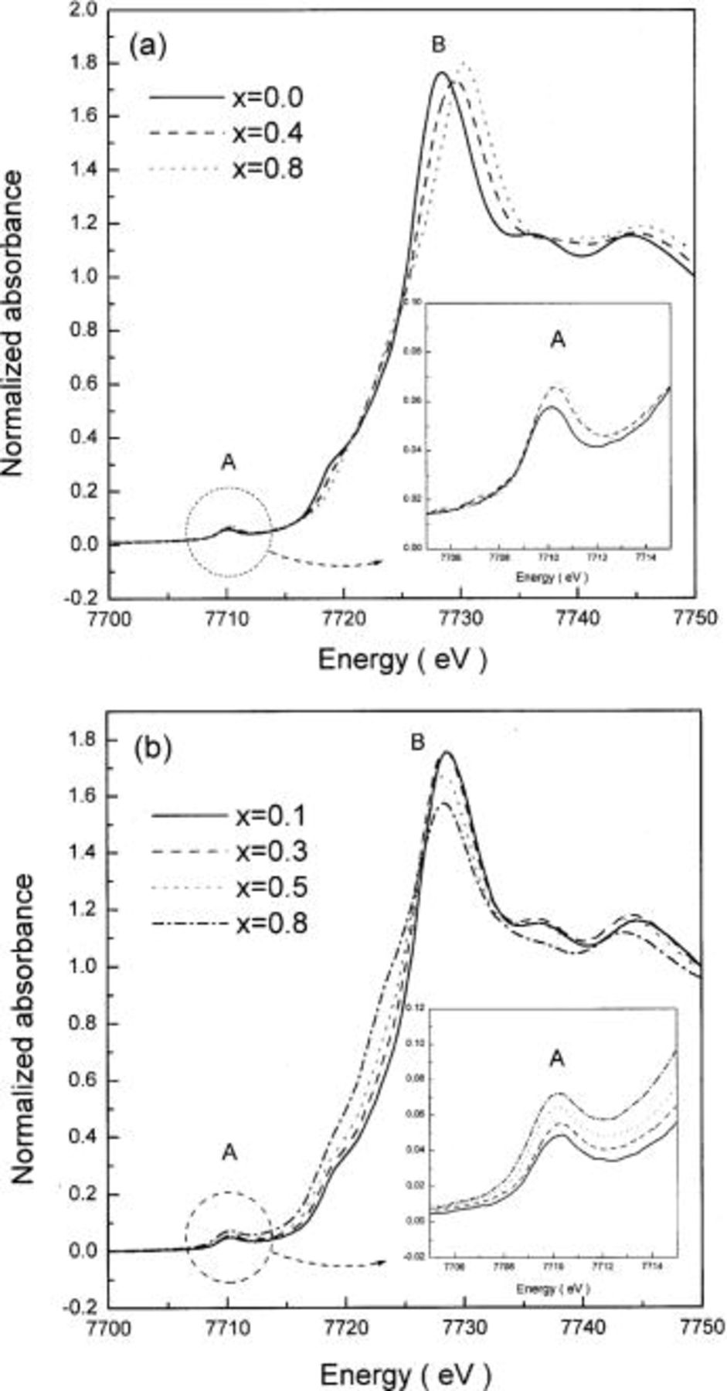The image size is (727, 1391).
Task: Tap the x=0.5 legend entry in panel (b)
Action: [270, 887]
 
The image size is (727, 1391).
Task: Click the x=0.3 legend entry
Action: [270, 852]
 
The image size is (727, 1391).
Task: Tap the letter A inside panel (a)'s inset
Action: [557, 339]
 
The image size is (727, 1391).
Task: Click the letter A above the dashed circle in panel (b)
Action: [229, 1152]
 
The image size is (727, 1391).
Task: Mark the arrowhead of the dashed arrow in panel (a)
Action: [379, 562]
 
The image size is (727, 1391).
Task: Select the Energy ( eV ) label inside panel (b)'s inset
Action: [553, 1289]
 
